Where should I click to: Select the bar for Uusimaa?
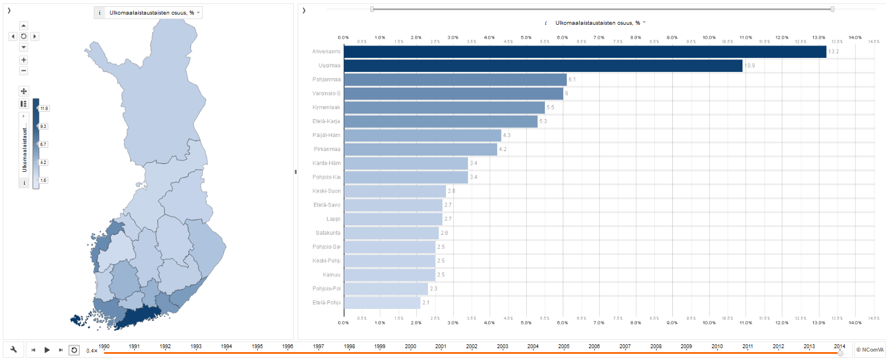543,66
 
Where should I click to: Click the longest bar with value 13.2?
585,52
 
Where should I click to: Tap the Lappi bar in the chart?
393,219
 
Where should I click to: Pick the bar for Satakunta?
391,233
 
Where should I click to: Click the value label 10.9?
750,66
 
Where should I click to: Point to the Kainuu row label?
331,275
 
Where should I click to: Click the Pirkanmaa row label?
327,149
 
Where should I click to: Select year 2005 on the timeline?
564,347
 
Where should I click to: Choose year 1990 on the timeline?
104,347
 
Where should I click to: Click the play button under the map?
47,350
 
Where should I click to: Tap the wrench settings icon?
13,349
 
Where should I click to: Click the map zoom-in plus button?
24,60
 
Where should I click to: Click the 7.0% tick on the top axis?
599,38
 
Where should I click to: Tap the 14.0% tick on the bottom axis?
855,323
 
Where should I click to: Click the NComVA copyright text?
869,350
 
